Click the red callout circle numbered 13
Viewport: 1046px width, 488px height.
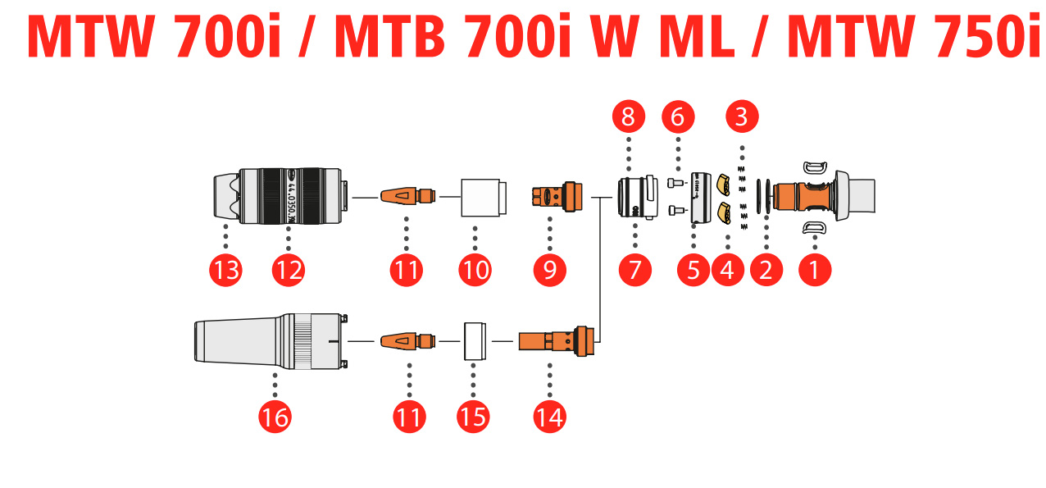pyautogui.click(x=225, y=269)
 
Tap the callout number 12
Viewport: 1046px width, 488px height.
pyautogui.click(x=289, y=269)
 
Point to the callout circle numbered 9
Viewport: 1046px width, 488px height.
pyautogui.click(x=549, y=269)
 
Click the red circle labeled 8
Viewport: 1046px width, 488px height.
pyautogui.click(x=628, y=116)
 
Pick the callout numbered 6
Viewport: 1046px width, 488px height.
pyautogui.click(x=678, y=116)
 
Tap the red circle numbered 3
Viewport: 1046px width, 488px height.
pyautogui.click(x=742, y=116)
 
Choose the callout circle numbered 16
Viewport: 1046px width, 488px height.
pyautogui.click(x=275, y=417)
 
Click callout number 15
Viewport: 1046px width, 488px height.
pyautogui.click(x=473, y=417)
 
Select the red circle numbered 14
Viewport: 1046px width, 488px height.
pyautogui.click(x=549, y=417)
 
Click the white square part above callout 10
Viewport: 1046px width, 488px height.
pyautogui.click(x=481, y=198)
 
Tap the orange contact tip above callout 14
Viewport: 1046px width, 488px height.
pyautogui.click(x=553, y=340)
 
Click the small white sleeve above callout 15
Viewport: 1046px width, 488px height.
pyautogui.click(x=474, y=340)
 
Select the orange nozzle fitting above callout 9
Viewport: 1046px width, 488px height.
pyautogui.click(x=557, y=198)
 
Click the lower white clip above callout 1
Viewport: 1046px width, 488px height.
pyautogui.click(x=814, y=227)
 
